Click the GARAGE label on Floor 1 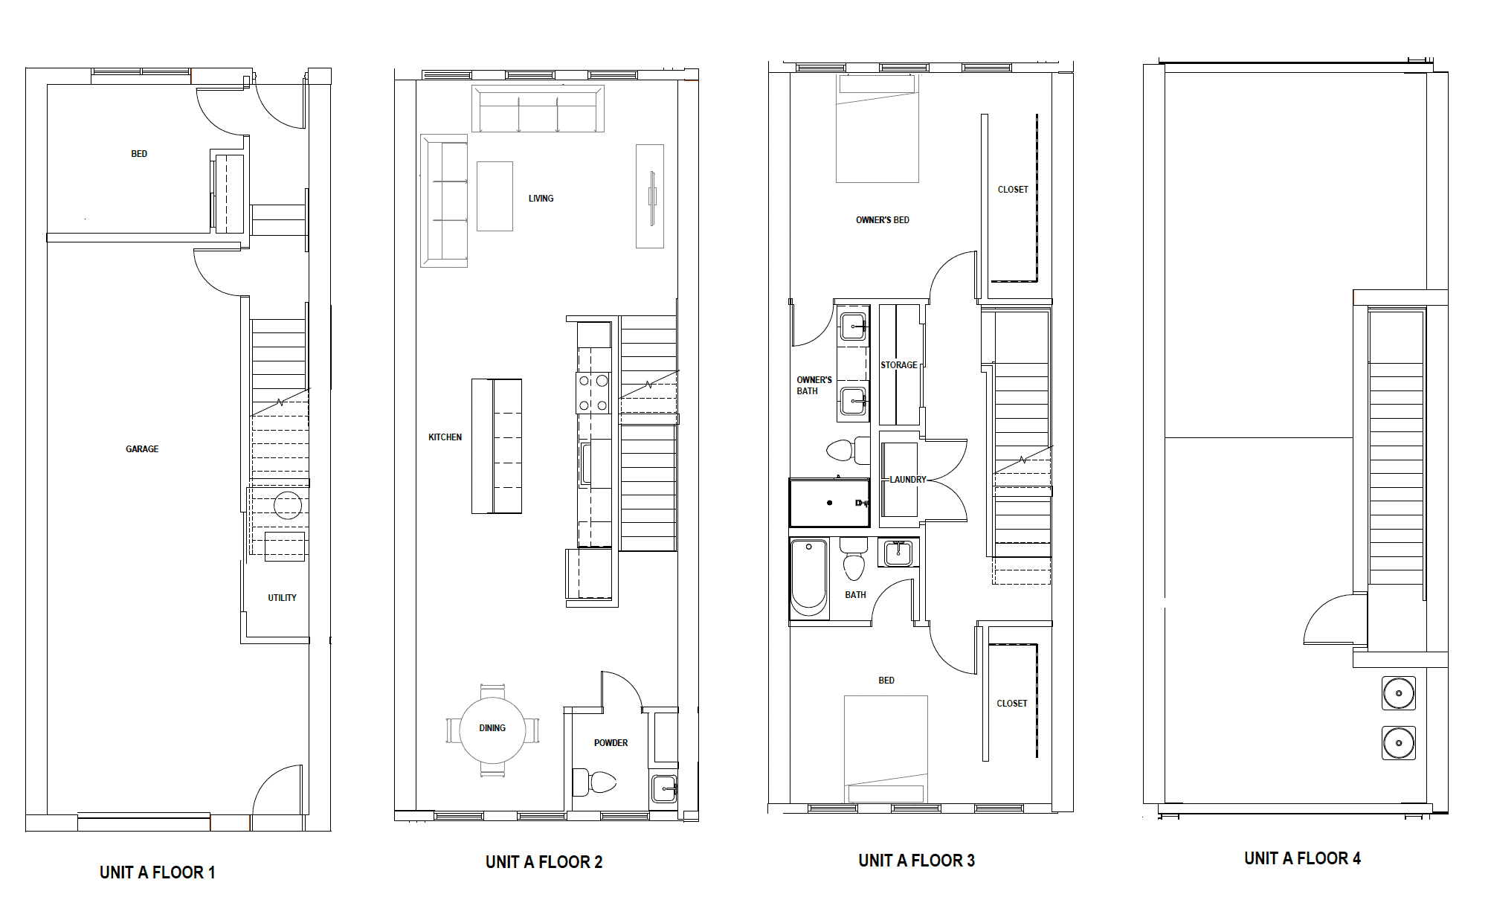142,449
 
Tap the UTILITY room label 282,598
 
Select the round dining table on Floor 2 492,730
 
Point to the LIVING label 541,199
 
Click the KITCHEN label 445,437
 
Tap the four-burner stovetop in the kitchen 593,393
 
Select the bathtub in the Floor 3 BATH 809,576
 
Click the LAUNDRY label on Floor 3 907,480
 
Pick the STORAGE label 898,365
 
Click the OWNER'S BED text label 882,220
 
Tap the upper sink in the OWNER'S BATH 853,326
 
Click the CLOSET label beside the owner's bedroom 1012,190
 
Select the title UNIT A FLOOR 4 1302,858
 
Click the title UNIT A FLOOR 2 544,862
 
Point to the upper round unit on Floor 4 1398,693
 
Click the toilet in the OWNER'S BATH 845,450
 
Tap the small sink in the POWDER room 664,788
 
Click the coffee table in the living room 495,196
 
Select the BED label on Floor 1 139,154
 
